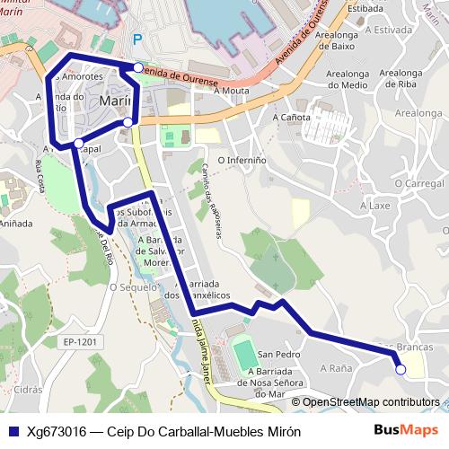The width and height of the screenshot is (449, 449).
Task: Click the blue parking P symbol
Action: click(137, 40)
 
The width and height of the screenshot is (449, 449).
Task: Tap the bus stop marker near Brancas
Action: click(401, 369)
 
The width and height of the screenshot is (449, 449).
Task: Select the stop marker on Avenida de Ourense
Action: click(137, 67)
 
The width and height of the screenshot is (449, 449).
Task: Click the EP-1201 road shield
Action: click(80, 342)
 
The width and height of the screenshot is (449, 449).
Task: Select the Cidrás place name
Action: click(28, 391)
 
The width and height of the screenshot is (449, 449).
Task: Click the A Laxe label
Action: click(375, 205)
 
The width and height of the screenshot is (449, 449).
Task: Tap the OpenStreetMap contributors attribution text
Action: click(371, 402)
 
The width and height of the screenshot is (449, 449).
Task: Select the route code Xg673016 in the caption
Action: click(57, 430)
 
